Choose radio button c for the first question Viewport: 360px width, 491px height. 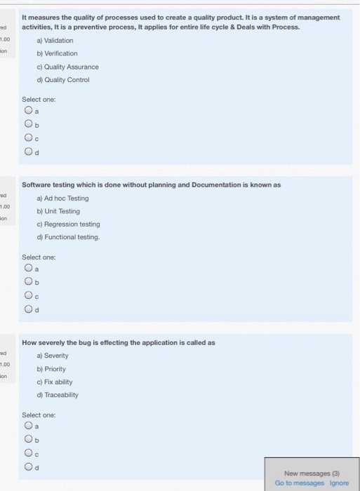28,139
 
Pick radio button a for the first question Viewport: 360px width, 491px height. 28,110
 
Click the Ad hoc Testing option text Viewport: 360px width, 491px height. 69,198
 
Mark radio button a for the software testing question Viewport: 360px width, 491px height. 28,267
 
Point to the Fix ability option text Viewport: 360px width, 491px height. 61,382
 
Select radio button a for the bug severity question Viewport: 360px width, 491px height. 28,425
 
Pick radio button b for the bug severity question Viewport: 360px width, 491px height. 28,440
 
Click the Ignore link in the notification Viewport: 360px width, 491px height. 340,483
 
